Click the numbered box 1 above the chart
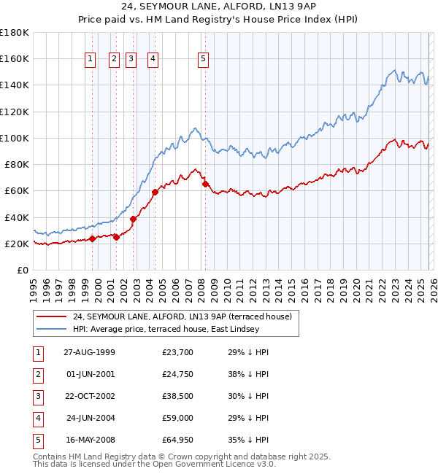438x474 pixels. point(90,60)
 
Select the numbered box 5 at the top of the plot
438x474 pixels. point(203,60)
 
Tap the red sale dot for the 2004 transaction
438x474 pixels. point(155,193)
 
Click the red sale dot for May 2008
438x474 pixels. point(205,184)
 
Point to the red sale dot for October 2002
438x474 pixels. point(133,219)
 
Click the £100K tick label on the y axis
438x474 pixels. point(14,138)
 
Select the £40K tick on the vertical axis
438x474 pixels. point(16,217)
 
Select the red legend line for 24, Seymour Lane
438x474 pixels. point(51,316)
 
